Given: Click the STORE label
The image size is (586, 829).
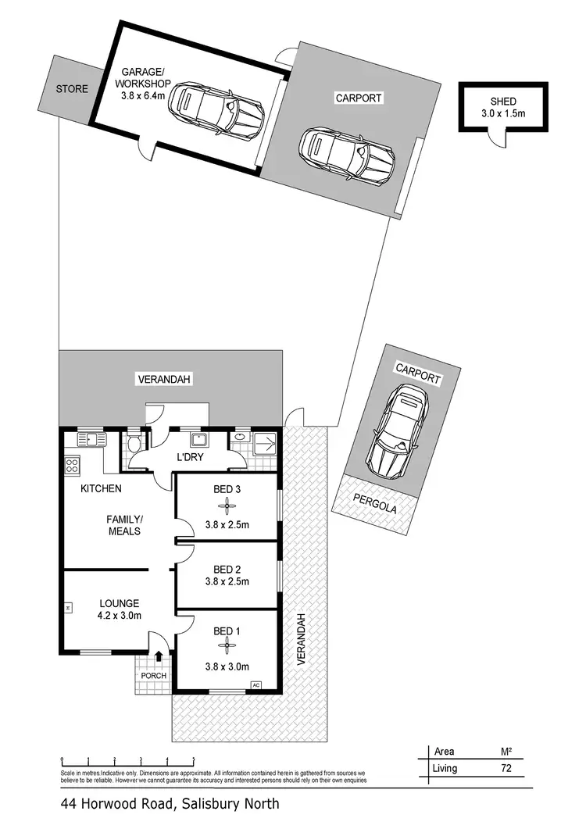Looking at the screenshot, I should coord(72,89).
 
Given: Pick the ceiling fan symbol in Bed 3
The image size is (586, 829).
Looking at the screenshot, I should coord(226,506).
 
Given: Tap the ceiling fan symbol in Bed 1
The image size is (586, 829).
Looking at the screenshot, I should coord(226,646).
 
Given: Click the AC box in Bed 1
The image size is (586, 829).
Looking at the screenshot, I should coord(255,685).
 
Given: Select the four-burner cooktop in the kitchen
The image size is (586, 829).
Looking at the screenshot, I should coord(73,466).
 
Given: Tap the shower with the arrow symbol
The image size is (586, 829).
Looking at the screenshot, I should coord(264,445).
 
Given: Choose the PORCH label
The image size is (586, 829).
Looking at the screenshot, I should coord(155,675).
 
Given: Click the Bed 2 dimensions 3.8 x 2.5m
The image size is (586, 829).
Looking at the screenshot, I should coord(227,581).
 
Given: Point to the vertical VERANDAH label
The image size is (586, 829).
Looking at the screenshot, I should coord(299,638).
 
